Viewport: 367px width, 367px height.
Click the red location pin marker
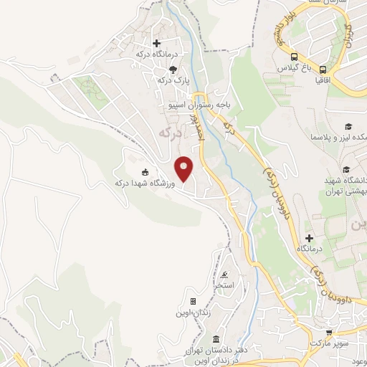pos(183,168)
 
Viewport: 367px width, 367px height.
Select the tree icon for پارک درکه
pos(172,70)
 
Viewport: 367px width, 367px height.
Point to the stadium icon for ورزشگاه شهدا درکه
pos(146,172)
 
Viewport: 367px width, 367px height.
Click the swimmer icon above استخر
pos(225,275)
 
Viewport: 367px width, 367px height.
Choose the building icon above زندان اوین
pos(193,301)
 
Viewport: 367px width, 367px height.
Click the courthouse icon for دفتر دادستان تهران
pos(216,338)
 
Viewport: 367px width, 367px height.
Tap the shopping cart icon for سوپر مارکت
pos(329,333)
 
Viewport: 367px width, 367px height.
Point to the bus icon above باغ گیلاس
pos(294,57)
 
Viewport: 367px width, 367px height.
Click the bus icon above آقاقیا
pos(323,70)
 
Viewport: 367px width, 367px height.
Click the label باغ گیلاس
pos(294,69)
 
